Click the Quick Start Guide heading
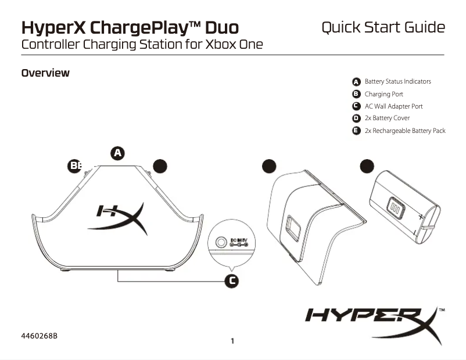[x=383, y=27]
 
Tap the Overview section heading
[x=45, y=73]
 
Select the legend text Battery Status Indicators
[x=397, y=82]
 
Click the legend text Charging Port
[x=383, y=94]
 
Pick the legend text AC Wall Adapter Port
[x=393, y=106]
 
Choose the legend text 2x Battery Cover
[x=387, y=118]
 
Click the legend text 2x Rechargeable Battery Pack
[x=404, y=131]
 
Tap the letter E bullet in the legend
[x=357, y=131]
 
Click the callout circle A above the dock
[x=118, y=153]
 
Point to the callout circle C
[x=231, y=281]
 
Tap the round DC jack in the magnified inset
[x=221, y=242]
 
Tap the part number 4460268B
[x=41, y=336]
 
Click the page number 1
[x=232, y=341]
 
